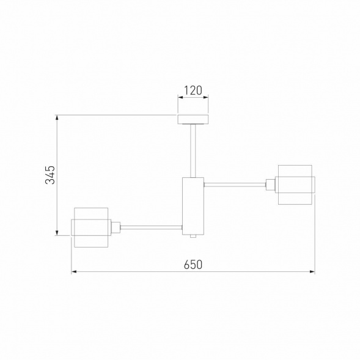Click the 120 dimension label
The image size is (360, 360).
click(x=193, y=90)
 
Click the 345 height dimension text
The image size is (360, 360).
click(x=50, y=175)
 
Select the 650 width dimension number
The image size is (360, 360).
click(x=193, y=265)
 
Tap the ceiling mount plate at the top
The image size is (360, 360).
click(x=193, y=119)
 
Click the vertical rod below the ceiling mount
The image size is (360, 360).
click(x=193, y=151)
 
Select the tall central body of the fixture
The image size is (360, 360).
click(x=193, y=206)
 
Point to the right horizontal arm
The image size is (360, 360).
click(x=235, y=185)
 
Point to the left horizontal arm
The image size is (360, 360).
click(x=152, y=227)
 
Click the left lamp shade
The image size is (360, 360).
click(x=91, y=227)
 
